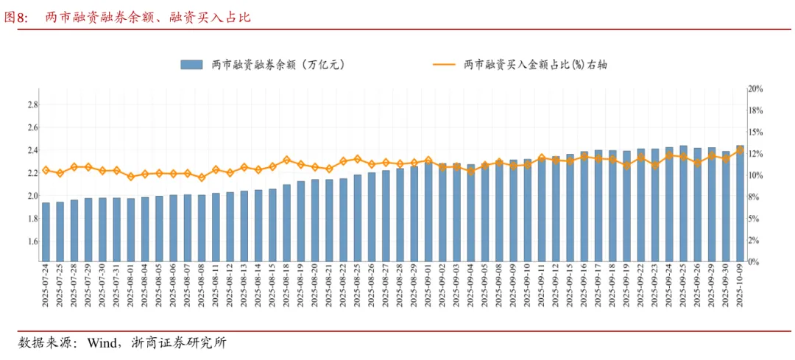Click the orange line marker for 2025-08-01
(x=131, y=177)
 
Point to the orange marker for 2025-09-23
(x=655, y=166)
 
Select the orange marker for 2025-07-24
(x=46, y=170)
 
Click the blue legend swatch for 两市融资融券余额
(x=191, y=65)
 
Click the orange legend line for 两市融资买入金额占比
(x=444, y=65)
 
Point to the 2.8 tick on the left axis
(x=32, y=105)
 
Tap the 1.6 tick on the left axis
(x=32, y=241)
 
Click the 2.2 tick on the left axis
(x=32, y=173)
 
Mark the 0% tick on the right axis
(x=753, y=262)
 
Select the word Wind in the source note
(x=102, y=343)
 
